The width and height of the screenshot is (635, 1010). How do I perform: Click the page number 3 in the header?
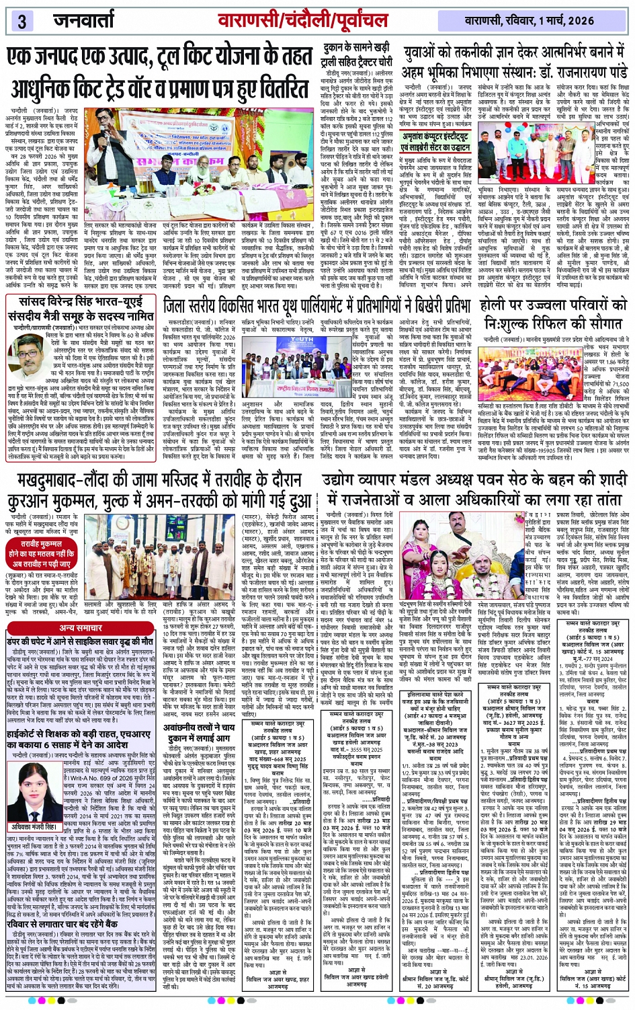tap(22, 21)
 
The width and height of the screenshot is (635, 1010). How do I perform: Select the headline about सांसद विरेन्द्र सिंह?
tap(81, 310)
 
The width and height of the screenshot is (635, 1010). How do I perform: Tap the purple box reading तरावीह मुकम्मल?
tap(42, 553)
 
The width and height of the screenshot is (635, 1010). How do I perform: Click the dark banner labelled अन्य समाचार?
tap(81, 627)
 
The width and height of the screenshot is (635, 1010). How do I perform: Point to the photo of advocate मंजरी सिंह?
tap(33, 800)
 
